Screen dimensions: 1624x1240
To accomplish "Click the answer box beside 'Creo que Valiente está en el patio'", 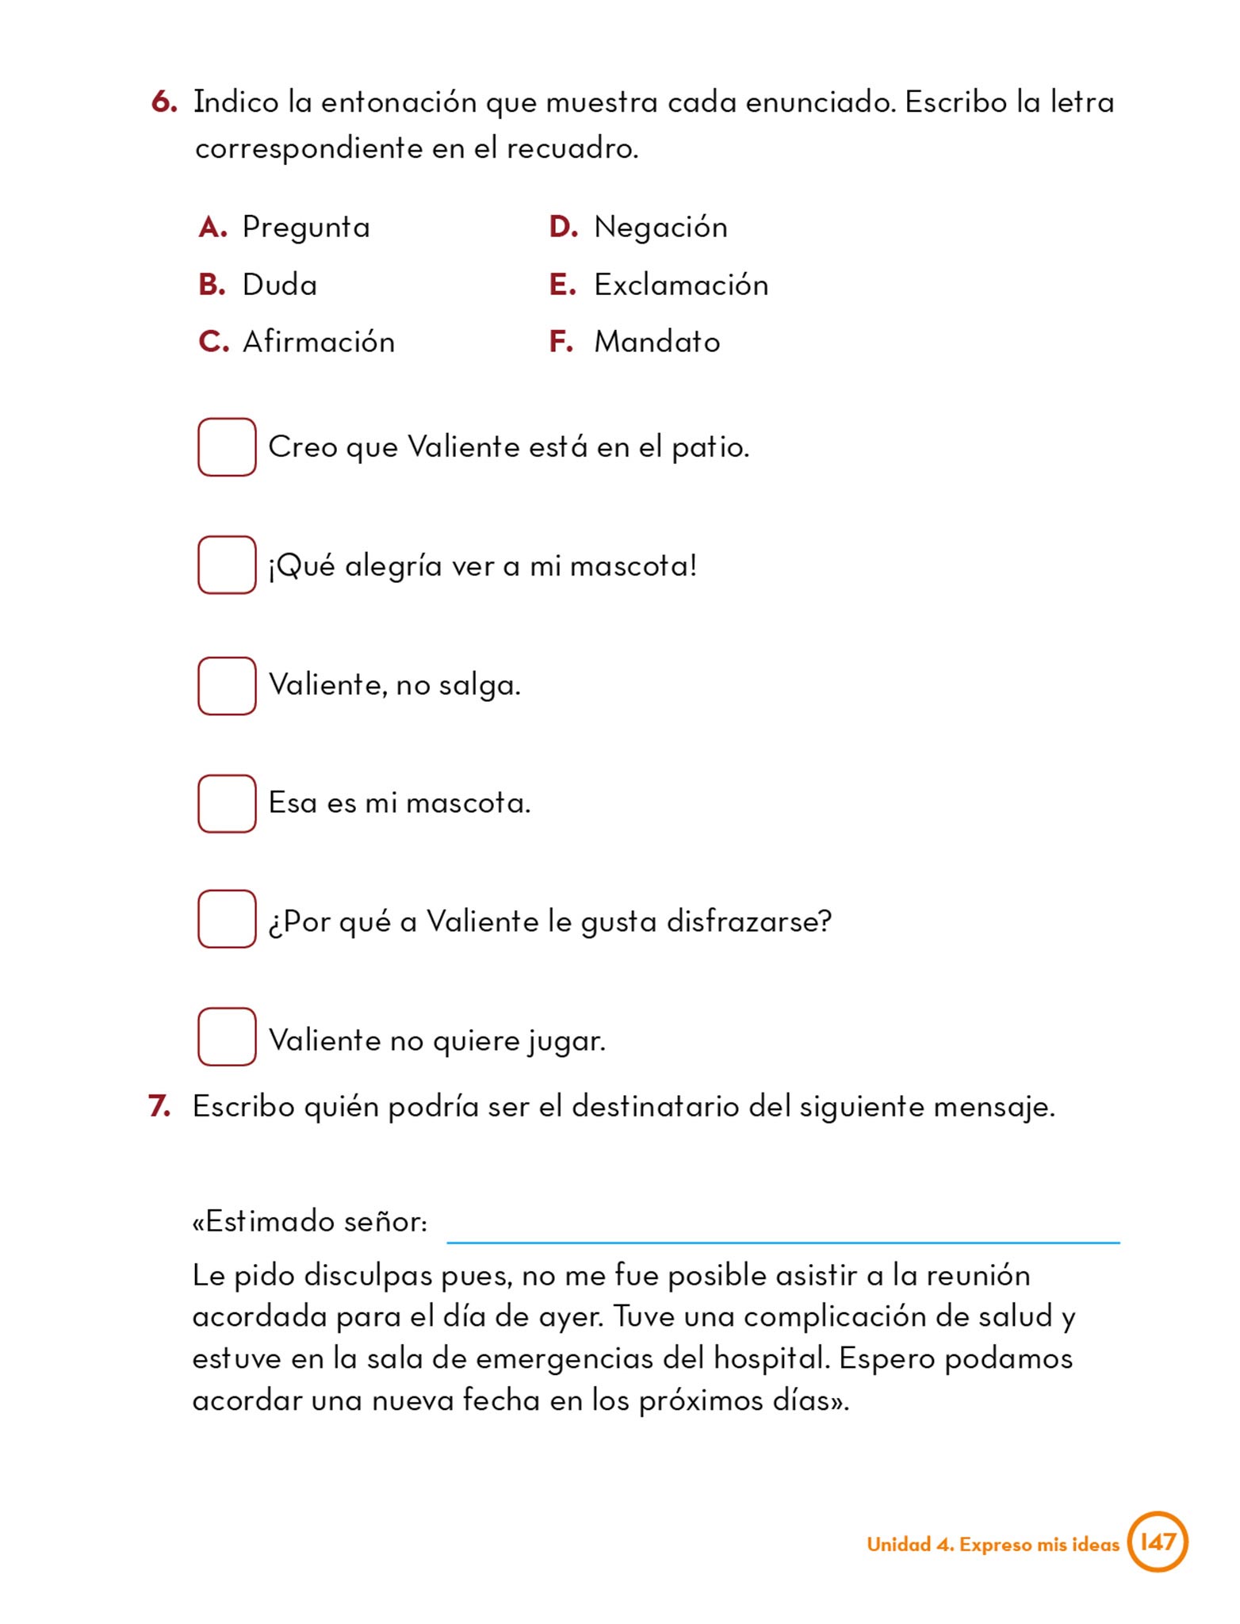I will click(x=227, y=447).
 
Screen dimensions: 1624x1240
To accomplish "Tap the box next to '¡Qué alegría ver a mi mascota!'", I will click(x=227, y=565).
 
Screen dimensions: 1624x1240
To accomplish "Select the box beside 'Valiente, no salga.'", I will click(x=227, y=686).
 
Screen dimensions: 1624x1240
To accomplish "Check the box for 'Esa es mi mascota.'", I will click(x=227, y=803).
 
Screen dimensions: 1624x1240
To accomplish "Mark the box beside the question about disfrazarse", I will click(x=227, y=919).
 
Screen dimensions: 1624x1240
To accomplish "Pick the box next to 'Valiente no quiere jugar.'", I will click(x=227, y=1036).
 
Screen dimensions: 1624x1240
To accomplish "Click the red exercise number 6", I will click(x=163, y=102).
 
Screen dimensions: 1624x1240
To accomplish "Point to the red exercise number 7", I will click(x=159, y=1106).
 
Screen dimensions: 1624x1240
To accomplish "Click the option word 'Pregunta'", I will click(x=306, y=228).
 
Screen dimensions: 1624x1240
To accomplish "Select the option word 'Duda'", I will click(x=279, y=285).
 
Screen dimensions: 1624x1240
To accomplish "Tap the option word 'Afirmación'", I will click(x=318, y=342).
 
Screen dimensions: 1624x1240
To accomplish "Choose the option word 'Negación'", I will click(x=660, y=228).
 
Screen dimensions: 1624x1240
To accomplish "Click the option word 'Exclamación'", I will click(x=681, y=285).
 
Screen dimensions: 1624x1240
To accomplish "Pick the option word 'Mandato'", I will click(x=656, y=342).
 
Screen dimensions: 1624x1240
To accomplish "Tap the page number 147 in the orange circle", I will click(x=1157, y=1542).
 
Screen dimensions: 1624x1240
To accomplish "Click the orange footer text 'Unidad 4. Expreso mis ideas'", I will click(x=993, y=1544).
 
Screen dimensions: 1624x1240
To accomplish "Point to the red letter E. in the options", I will click(x=561, y=285).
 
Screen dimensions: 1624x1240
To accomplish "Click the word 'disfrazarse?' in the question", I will click(x=748, y=921).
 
